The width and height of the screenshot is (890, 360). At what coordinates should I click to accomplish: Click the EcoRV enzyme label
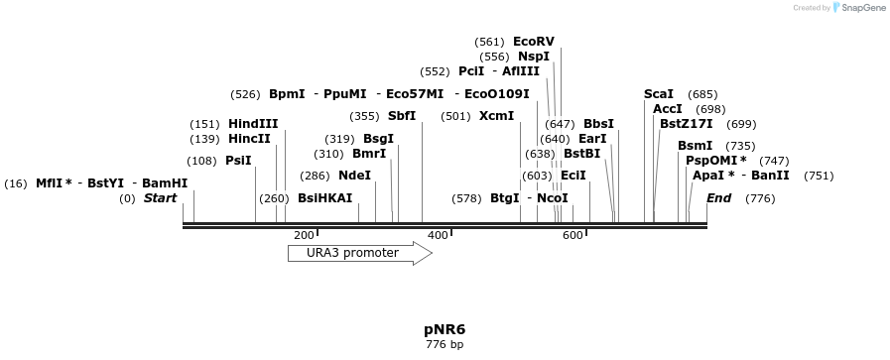click(533, 42)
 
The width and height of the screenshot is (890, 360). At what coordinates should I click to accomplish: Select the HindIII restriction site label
click(253, 124)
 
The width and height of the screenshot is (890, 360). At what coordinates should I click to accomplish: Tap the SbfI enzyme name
click(402, 116)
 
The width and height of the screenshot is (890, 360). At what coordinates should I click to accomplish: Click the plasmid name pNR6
click(445, 329)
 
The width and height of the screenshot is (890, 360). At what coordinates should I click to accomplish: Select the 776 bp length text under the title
click(445, 345)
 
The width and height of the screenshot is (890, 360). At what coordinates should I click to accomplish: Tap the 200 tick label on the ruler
click(304, 235)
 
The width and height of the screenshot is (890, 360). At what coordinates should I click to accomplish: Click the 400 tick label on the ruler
click(438, 235)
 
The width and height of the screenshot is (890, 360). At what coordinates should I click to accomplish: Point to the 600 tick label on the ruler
click(572, 235)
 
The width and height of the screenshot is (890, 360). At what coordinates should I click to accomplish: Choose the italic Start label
click(160, 198)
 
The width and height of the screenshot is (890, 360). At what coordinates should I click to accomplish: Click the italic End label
click(718, 198)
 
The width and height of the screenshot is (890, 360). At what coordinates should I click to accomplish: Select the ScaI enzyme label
click(659, 94)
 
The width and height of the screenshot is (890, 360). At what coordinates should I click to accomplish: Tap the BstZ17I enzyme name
click(687, 124)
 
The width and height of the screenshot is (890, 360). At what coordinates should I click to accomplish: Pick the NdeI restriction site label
click(354, 176)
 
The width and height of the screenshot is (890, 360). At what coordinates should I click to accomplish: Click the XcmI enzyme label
click(496, 116)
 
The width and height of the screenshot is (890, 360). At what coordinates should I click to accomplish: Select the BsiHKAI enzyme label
click(324, 198)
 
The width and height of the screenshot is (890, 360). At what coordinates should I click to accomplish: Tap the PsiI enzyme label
click(238, 161)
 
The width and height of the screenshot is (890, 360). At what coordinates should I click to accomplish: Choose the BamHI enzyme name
click(165, 183)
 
